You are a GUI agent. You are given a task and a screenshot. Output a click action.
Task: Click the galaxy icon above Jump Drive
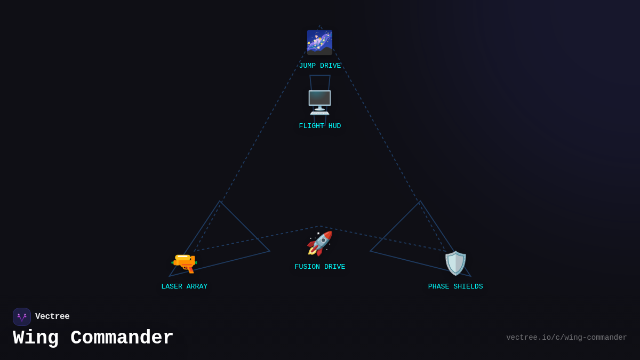coord(319,42)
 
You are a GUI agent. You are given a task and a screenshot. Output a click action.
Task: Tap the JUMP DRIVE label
coord(319,66)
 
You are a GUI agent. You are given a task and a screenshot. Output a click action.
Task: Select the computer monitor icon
coord(319,102)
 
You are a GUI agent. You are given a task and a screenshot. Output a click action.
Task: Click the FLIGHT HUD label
coord(319,126)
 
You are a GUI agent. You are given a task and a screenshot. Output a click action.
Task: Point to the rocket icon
coord(319,244)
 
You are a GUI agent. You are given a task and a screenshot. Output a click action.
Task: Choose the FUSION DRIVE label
coord(319,267)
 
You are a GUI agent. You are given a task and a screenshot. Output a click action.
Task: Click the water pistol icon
coord(185,263)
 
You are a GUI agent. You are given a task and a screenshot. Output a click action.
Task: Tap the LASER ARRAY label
coord(185,287)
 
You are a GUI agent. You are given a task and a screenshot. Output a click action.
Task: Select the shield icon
coord(455,263)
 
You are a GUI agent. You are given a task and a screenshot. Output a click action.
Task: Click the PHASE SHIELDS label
coord(455,287)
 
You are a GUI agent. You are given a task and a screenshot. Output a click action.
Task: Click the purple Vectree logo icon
coord(22,317)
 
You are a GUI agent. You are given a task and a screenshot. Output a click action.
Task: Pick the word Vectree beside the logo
coord(52,317)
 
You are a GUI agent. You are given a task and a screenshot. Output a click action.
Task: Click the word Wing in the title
coord(36,338)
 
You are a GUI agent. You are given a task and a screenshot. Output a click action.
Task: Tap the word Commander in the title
coord(122,338)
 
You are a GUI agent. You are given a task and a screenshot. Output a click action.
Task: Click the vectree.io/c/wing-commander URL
coord(566,338)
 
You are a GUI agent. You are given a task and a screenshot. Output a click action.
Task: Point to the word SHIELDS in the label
coord(468,287)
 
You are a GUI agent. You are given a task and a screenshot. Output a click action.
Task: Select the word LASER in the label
coord(172,287)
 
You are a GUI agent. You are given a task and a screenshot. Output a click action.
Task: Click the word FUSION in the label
coord(307,267)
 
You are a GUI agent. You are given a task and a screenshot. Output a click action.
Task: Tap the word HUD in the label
coord(334,126)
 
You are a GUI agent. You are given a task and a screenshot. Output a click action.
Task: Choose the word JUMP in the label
coord(307,66)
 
